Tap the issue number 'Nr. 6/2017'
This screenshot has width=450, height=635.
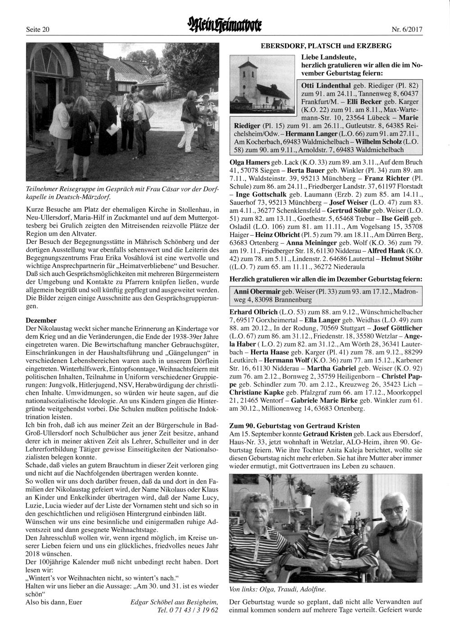coord(407,30)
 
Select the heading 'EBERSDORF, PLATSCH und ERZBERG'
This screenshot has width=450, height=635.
coord(326,45)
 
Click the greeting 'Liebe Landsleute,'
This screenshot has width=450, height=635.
coord(329,57)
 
